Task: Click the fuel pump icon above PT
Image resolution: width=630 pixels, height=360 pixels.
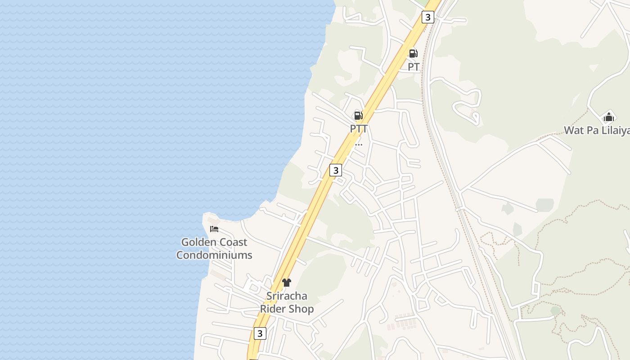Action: click(413, 54)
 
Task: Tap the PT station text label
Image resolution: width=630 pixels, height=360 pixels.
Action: click(414, 67)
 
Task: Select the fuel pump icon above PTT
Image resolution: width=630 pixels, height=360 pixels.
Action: click(358, 116)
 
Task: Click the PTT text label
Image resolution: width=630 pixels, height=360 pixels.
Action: click(359, 129)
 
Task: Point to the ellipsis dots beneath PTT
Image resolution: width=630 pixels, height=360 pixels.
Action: click(359, 144)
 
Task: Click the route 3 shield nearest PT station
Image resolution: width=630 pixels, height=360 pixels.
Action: click(427, 18)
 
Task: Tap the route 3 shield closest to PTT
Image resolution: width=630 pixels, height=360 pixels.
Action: click(335, 170)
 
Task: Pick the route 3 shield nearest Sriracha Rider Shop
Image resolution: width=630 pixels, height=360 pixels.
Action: click(259, 333)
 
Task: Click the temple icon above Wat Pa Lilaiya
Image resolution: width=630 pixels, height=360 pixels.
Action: click(608, 117)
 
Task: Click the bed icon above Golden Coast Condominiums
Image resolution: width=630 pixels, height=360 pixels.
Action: click(214, 229)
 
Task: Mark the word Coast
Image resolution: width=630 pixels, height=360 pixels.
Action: click(234, 242)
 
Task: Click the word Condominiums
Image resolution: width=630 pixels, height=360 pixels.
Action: click(214, 255)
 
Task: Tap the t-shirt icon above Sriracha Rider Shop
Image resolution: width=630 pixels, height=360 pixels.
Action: click(287, 283)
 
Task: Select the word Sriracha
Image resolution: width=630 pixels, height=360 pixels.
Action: click(287, 296)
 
